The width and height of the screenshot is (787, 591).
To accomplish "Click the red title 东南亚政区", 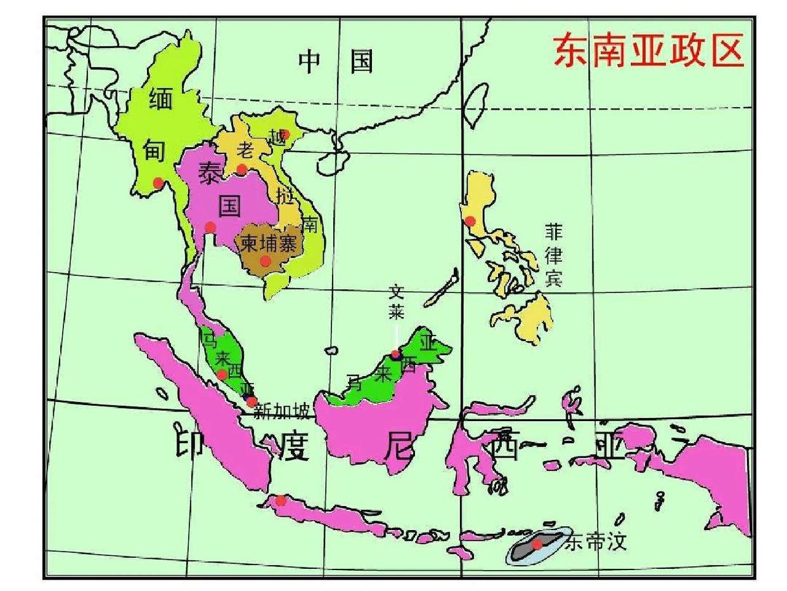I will (648, 51).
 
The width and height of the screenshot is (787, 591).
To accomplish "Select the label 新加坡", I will (281, 412).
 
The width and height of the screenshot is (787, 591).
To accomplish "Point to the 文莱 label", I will (397, 302).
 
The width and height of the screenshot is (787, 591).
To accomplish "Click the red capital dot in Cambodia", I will (266, 261).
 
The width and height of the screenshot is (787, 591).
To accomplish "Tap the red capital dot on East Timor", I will (537, 544).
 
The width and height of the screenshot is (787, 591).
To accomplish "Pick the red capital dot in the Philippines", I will (470, 221).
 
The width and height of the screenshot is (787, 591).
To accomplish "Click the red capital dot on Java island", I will (281, 500).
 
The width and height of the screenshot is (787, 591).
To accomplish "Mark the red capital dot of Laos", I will (241, 169).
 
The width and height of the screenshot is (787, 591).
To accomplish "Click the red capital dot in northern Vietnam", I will (285, 134).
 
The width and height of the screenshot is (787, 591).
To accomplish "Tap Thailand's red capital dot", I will (210, 227).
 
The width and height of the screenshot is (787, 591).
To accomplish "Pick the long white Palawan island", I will (441, 289).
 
